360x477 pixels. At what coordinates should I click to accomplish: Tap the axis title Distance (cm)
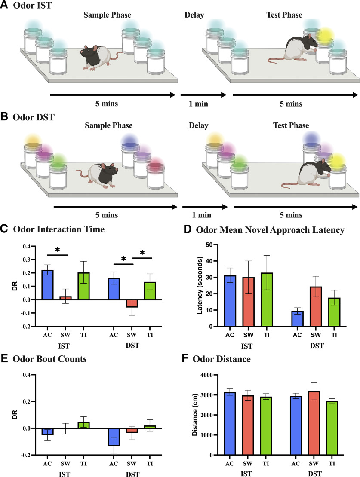point(196,415)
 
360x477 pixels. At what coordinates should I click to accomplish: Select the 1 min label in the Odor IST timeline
point(203,104)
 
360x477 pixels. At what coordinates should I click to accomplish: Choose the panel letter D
point(186,230)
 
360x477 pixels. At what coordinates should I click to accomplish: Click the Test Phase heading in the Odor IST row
point(284,15)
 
